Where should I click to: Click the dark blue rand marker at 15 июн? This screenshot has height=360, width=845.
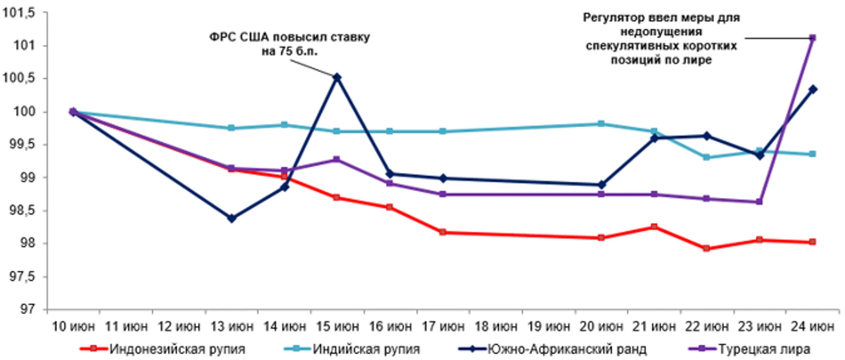pos(337,77)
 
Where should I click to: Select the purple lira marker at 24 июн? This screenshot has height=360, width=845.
pos(812,38)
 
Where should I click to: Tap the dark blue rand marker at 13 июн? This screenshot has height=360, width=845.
pos(231,218)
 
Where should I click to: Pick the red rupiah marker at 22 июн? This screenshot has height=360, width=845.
pos(706,248)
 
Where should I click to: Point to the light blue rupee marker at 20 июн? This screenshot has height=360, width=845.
pos(601,124)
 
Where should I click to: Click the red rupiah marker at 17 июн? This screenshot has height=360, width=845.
pos(443,232)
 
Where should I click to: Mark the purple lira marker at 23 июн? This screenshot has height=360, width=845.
pos(759,202)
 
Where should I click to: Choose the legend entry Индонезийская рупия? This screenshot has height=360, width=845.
pos(177,349)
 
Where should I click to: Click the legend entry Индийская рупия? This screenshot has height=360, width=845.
pos(366,349)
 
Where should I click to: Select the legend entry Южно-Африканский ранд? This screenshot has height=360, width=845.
pos(566,349)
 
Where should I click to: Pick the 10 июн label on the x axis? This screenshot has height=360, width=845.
pos(73,326)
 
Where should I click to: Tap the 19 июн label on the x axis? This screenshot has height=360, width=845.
pos(548,326)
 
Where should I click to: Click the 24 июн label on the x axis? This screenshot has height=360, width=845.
pos(812,326)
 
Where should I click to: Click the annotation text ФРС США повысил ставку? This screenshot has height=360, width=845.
pos(289,37)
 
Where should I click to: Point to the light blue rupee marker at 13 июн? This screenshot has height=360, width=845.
pos(231,128)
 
